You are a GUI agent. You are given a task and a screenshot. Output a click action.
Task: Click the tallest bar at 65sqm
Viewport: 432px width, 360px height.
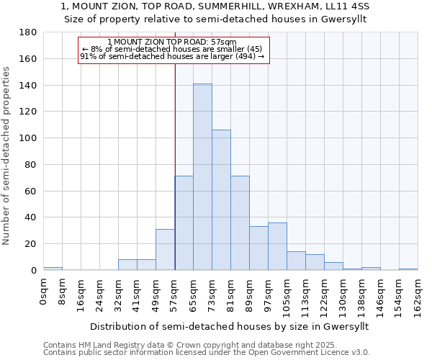click(202, 177)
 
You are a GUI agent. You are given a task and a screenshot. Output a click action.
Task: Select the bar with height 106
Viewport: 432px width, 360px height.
click(221, 200)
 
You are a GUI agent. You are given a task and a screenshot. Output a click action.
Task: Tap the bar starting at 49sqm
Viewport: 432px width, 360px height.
click(165, 250)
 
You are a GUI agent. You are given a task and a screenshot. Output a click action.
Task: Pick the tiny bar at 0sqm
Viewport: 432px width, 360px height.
click(53, 269)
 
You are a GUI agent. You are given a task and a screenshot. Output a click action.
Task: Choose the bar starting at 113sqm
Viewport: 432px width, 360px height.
click(315, 262)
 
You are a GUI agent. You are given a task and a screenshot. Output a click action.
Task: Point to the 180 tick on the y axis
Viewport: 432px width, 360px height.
click(29, 32)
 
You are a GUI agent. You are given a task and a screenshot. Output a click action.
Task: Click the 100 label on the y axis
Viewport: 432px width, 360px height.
click(29, 138)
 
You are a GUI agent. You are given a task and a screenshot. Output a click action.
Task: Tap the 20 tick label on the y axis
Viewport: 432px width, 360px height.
click(32, 244)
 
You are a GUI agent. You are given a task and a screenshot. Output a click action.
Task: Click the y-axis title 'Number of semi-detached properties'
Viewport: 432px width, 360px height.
click(7, 156)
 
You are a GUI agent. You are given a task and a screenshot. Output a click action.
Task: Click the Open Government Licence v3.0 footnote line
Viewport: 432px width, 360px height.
click(207, 353)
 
